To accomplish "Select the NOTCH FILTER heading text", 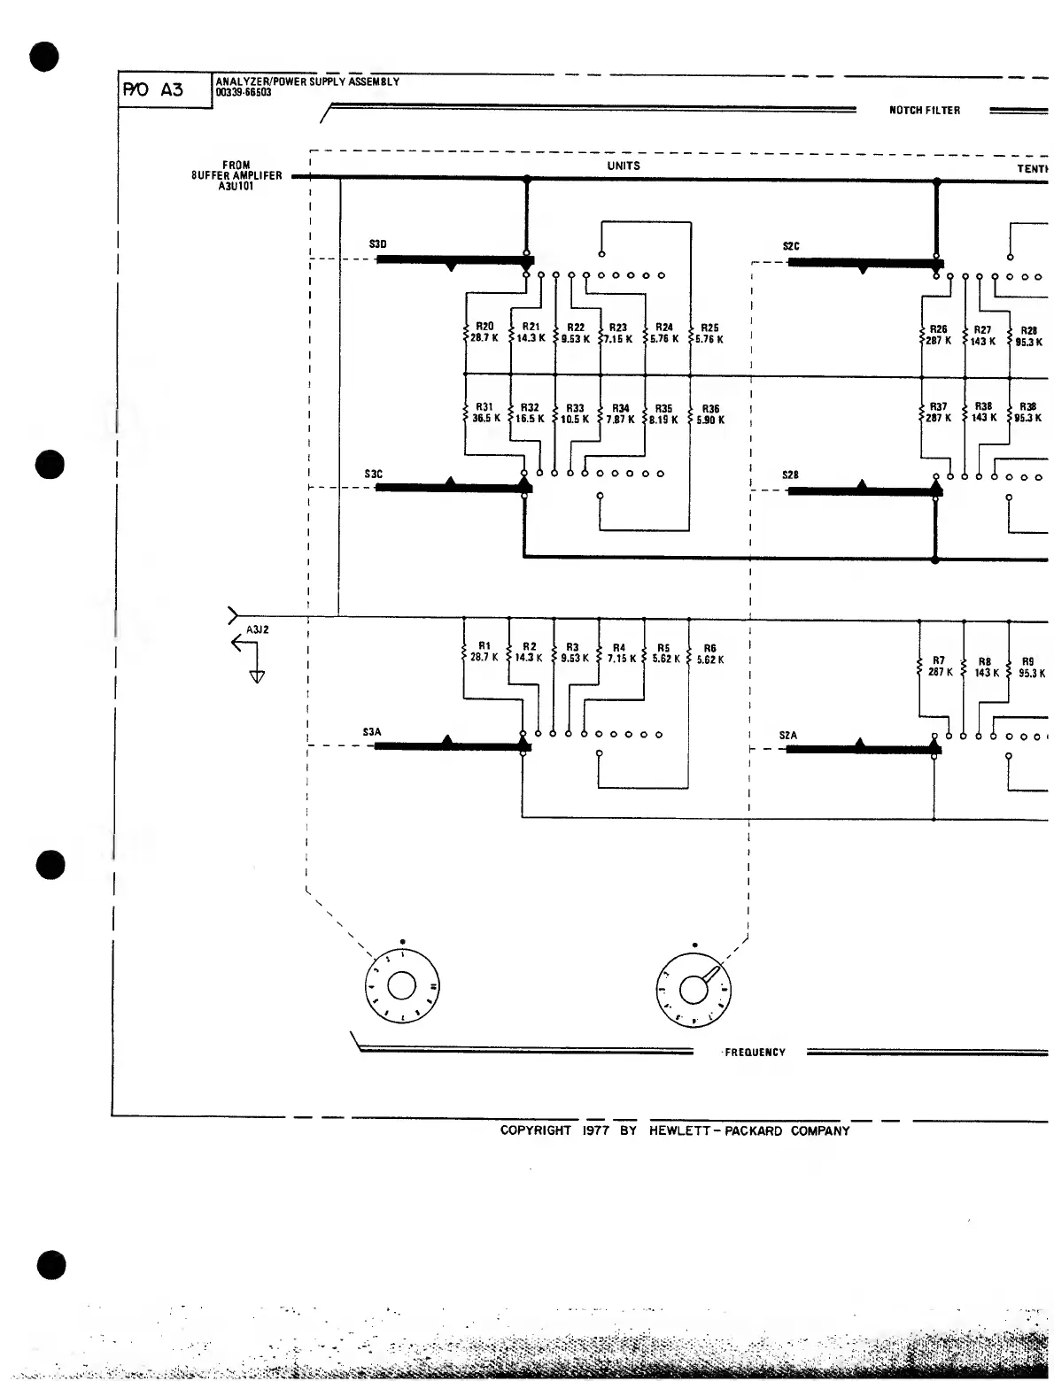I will (924, 111).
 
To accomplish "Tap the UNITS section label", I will (624, 166).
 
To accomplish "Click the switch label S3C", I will (374, 474).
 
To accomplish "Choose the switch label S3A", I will (372, 732).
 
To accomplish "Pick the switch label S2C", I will (791, 246).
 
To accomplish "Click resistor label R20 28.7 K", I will (484, 332).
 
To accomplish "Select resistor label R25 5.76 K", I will (709, 333).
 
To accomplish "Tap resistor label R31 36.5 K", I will (485, 413).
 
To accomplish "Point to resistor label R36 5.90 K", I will (709, 414).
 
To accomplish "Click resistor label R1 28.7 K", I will (484, 652).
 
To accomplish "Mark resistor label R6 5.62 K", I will (709, 653).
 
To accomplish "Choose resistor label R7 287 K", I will (940, 667).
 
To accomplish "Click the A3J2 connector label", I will (257, 629).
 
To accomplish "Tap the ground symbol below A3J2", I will (257, 677).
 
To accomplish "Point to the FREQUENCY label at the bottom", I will (755, 1053).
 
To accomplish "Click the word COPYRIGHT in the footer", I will (536, 1130).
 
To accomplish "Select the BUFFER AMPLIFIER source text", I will (236, 175).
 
